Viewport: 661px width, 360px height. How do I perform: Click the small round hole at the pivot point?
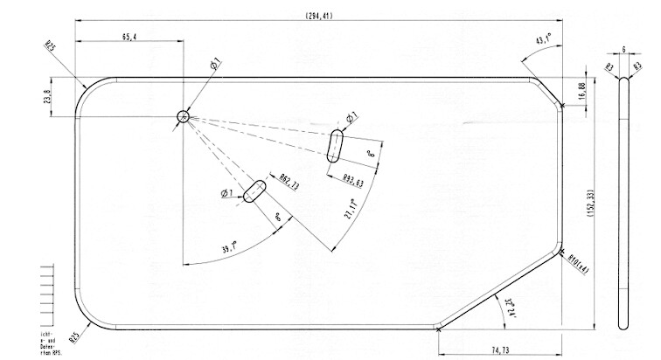point(183,116)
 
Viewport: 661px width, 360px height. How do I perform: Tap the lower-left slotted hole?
point(254,191)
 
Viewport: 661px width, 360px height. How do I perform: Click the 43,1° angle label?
point(544,38)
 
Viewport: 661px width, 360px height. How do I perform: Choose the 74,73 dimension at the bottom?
point(501,350)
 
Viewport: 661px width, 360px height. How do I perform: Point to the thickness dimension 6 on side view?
point(623,51)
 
